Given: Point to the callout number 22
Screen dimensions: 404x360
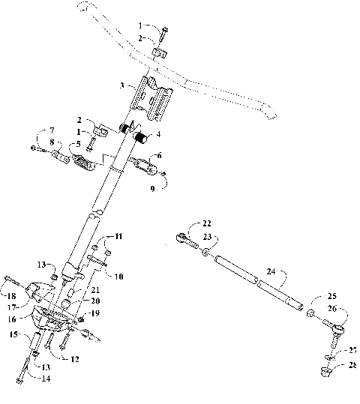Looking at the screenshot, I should [x=207, y=223].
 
